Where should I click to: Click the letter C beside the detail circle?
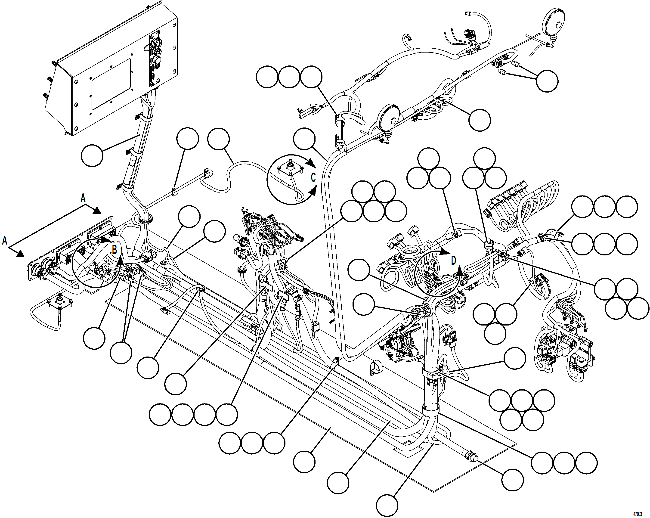(313, 178)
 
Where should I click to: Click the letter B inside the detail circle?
(115, 250)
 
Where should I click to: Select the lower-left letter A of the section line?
(5, 241)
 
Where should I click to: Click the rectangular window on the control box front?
(111, 84)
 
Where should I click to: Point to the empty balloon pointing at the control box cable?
(92, 155)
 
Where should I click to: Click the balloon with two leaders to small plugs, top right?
(547, 81)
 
